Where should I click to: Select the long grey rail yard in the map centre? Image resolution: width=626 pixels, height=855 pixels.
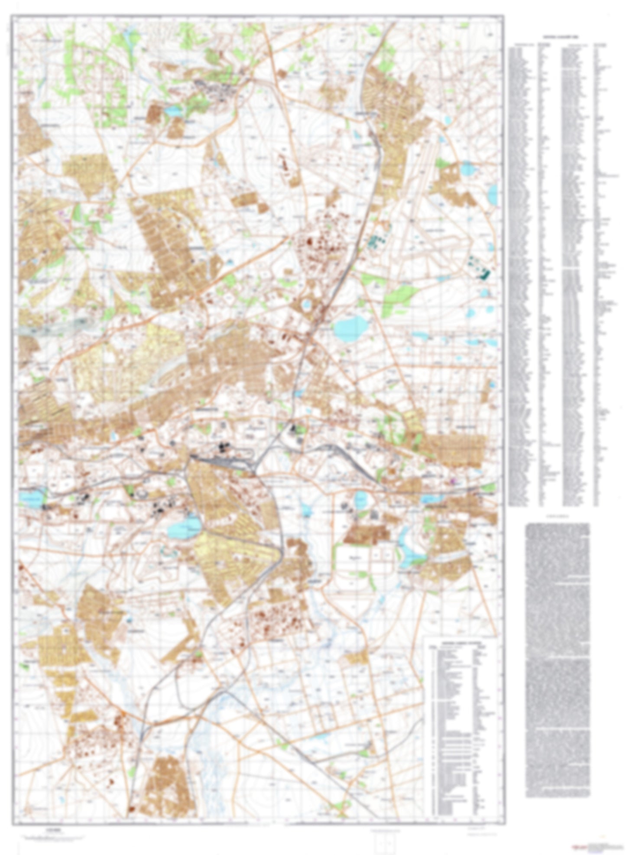pyautogui.click(x=221, y=463)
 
